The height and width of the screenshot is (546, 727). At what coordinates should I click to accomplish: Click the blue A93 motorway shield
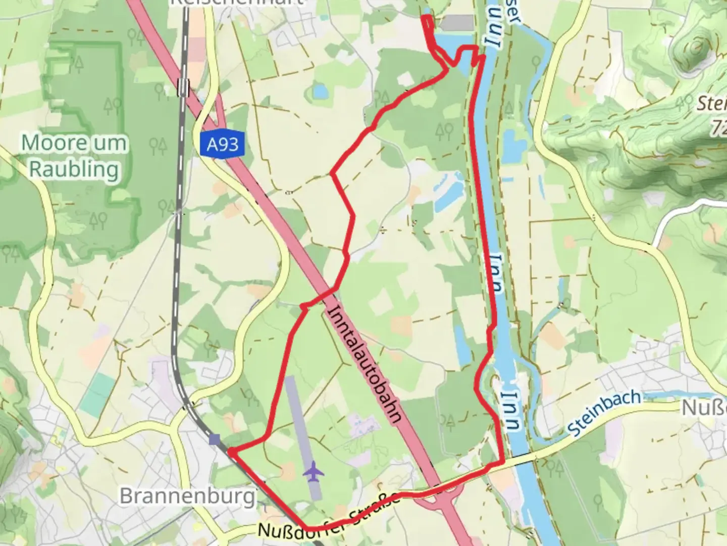point(222,145)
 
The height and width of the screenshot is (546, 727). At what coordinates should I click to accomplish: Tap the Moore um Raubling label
point(74,156)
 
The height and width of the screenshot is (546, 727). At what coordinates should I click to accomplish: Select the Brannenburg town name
point(187,496)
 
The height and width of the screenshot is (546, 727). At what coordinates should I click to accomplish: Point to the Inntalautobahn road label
point(366,364)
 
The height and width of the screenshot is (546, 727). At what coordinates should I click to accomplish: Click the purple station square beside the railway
point(215,439)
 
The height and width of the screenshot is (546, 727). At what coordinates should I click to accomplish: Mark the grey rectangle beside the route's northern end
point(457,22)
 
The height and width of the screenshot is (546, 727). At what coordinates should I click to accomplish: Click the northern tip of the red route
point(427,18)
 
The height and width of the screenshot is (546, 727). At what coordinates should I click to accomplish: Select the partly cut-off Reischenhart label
point(237,3)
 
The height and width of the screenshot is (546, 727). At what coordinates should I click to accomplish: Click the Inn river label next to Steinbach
point(511,409)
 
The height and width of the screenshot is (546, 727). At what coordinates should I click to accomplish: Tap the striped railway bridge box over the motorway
point(183,87)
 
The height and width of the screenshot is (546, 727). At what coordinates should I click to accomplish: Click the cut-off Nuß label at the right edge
point(704,407)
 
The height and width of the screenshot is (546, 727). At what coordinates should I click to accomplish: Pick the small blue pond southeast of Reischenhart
point(319,91)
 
